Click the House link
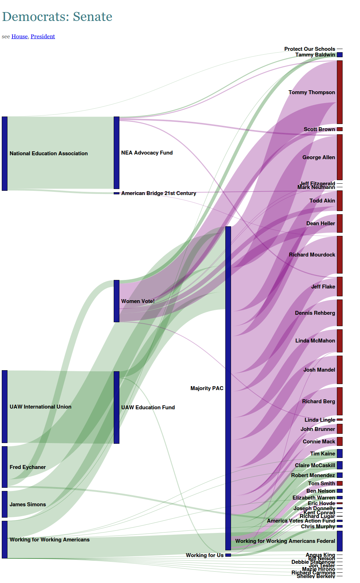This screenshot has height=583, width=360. tap(19, 37)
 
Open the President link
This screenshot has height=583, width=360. tap(43, 37)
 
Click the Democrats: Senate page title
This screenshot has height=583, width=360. tap(57, 17)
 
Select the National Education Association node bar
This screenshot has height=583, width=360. tap(5, 153)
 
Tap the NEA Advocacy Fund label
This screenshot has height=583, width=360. tap(147, 153)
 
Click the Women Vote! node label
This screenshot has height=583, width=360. tap(138, 301)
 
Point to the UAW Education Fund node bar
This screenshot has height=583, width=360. tap(117, 407)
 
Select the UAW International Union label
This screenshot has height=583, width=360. tap(41, 407)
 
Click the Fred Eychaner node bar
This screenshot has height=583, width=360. tap(5, 467)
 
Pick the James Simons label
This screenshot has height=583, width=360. tap(28, 504)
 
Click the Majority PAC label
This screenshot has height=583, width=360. tap(207, 388)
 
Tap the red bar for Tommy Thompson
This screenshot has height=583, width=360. tap(340, 92)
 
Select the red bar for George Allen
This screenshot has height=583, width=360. tap(340, 157)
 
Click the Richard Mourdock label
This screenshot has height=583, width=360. tap(312, 255)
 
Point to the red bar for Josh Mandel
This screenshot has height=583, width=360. tap(340, 369)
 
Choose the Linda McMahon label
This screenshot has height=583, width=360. tap(315, 341)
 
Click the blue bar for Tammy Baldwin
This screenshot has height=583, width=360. tap(340, 55)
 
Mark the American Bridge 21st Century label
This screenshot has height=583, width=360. tap(158, 193)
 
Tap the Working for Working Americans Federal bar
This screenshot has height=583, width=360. tap(340, 541)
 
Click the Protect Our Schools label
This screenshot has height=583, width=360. tap(310, 49)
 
